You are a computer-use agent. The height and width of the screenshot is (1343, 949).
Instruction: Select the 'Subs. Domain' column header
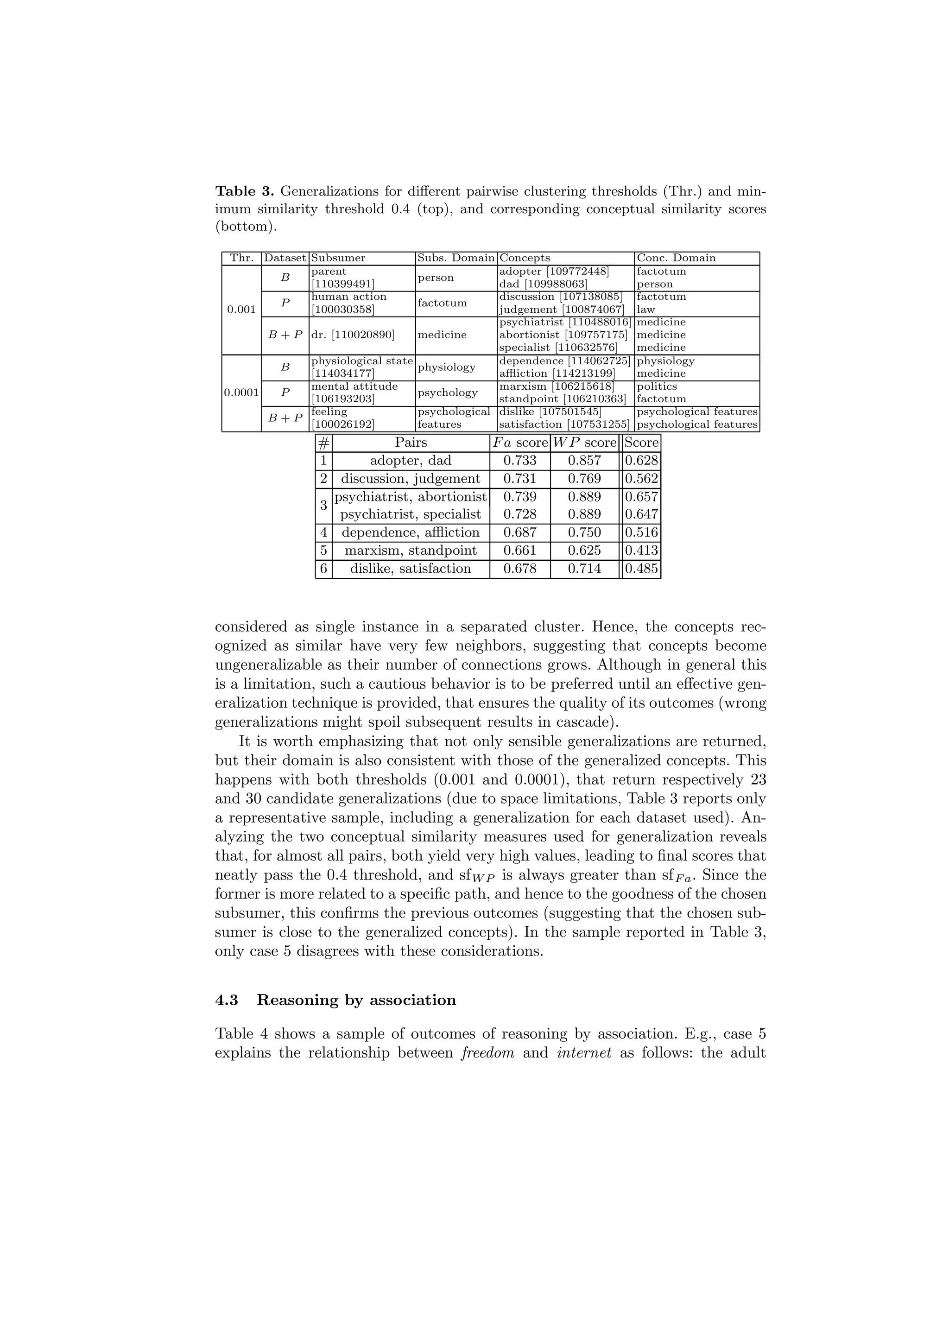[x=455, y=258]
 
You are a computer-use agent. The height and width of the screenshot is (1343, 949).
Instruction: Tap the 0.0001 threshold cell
[x=241, y=393]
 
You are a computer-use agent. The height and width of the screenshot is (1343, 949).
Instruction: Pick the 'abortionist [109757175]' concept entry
[x=563, y=335]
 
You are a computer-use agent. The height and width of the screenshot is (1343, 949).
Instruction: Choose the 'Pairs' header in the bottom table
[x=411, y=443]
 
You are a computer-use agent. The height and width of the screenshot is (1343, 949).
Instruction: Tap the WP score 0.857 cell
[x=584, y=461]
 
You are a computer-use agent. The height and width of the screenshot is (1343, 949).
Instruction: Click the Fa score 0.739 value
[x=519, y=497]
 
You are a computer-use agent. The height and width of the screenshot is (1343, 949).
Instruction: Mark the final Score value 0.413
[x=641, y=551]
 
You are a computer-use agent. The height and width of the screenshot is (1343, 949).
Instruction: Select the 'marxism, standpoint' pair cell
[x=411, y=551]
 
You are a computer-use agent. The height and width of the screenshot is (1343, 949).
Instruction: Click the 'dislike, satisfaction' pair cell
[x=411, y=569]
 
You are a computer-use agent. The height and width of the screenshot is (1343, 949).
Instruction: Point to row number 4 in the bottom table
[x=323, y=532]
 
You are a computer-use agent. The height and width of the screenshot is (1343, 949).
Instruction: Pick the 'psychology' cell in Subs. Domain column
[x=447, y=393]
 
